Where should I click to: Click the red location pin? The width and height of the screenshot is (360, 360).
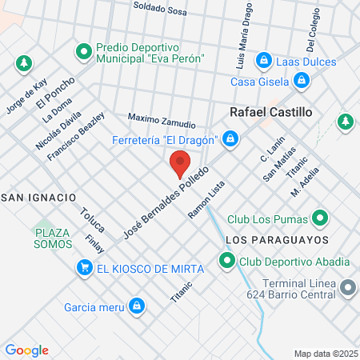179,165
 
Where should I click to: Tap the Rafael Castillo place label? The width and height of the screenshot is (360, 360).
270,113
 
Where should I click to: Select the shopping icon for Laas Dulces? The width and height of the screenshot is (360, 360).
263,60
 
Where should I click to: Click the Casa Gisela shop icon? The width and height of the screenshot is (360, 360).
302,80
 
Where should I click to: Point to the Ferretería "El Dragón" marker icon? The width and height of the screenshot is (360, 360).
230,139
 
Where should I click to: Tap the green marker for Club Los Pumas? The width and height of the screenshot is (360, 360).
320,218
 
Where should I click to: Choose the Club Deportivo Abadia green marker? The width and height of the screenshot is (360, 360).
227,261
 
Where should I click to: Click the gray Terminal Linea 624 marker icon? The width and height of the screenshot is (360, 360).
347,286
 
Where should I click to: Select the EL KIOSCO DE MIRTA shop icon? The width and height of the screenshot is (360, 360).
83,267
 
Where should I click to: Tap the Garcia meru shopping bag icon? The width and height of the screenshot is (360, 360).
137,305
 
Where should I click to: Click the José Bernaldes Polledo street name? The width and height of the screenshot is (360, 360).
168,204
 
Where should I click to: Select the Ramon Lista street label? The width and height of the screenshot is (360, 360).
206,200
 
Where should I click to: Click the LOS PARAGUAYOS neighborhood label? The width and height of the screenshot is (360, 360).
278,240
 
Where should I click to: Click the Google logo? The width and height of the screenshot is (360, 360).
26,350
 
